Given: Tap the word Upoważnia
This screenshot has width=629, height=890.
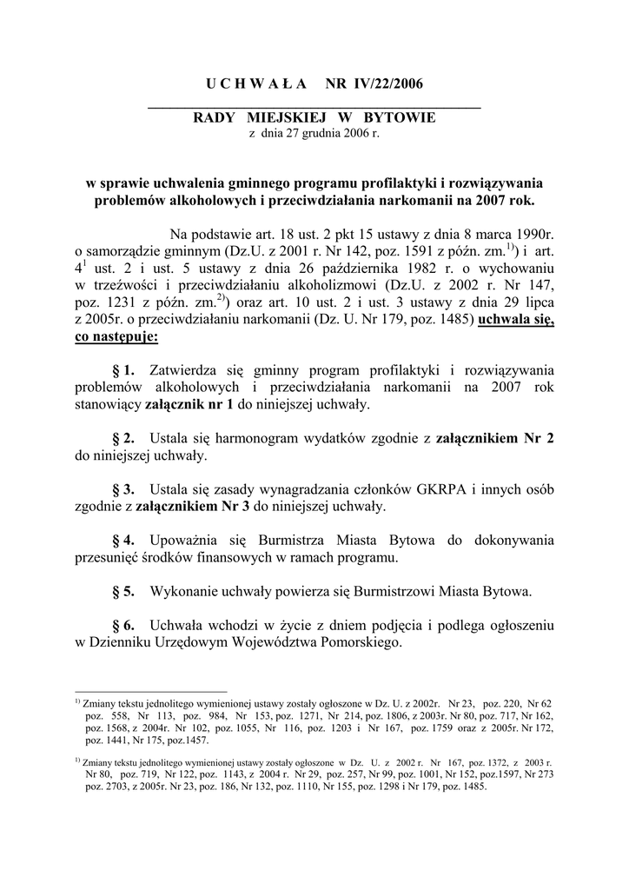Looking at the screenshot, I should click(187, 540).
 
